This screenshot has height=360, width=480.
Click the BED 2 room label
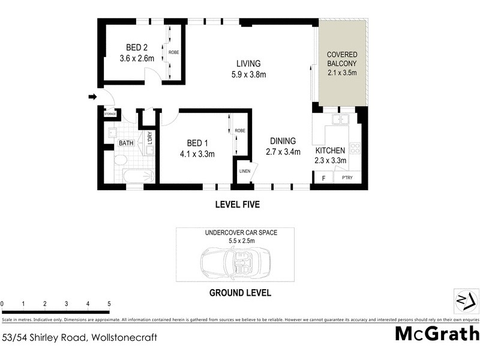[135, 48]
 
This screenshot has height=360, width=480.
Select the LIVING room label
[248, 64]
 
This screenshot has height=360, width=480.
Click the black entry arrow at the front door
[92, 97]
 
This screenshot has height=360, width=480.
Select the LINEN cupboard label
[244, 171]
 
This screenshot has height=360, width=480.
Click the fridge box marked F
[323, 178]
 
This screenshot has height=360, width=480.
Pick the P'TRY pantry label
[347, 178]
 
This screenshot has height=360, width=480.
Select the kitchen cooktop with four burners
[355, 147]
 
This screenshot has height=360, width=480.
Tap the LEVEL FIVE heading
[237, 205]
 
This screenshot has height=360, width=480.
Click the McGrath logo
[437, 334]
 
